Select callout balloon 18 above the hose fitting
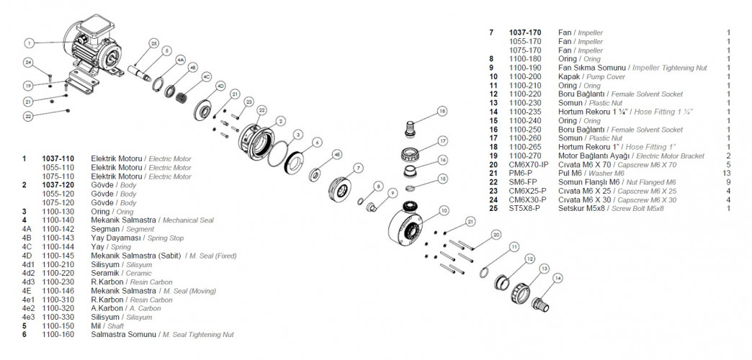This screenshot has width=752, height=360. [x=441, y=111]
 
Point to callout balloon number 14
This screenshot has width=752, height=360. [x=557, y=277]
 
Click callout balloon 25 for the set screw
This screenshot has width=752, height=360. [x=153, y=43]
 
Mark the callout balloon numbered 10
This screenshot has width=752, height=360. [x=444, y=210]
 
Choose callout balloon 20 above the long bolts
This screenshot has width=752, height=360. [x=496, y=235]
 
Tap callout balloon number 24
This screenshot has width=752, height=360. [x=28, y=62]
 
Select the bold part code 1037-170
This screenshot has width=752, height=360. [x=525, y=33]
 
